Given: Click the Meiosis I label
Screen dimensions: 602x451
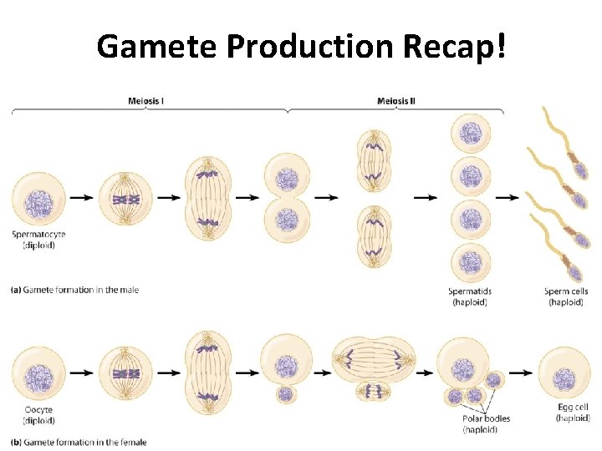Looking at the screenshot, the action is point(145,101).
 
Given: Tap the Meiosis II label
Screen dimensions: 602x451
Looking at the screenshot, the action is point(395,101).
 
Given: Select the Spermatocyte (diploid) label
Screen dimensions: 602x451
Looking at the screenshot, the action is point(38,239).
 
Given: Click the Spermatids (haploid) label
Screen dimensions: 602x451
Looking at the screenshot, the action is point(469,296).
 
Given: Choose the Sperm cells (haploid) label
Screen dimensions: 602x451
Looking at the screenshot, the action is point(566,296).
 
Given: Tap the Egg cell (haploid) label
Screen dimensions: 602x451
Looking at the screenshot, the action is point(572,412).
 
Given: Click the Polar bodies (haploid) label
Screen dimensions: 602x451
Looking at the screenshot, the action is point(486,423).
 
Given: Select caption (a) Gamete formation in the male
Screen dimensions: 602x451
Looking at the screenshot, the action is point(74,290).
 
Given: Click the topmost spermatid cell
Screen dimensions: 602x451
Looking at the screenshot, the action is point(469,134).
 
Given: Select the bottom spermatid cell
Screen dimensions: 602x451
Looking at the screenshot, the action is point(469,262).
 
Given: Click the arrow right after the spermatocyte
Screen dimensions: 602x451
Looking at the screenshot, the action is point(81,198).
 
